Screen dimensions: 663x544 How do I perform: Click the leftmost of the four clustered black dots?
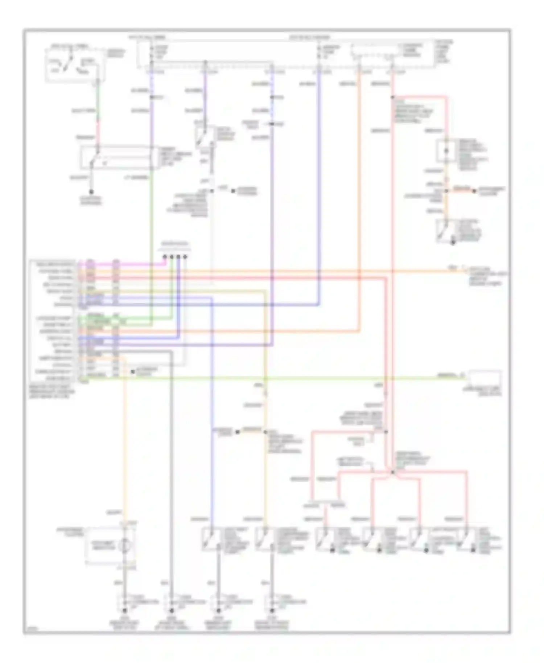pyautogui.click(x=165, y=257)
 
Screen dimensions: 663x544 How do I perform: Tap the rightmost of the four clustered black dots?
pyautogui.click(x=185, y=257)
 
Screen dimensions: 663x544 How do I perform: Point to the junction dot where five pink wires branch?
pyautogui.click(x=392, y=472)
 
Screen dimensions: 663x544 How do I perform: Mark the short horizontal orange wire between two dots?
pyautogui.click(x=461, y=190)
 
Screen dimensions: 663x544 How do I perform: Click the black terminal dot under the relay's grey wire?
pyautogui.click(x=91, y=192)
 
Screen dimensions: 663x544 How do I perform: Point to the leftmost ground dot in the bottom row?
pyautogui.click(x=124, y=611)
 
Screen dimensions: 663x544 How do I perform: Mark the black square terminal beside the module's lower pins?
pyautogui.click(x=133, y=372)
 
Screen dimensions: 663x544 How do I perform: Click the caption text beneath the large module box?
pyautogui.click(x=53, y=392)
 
